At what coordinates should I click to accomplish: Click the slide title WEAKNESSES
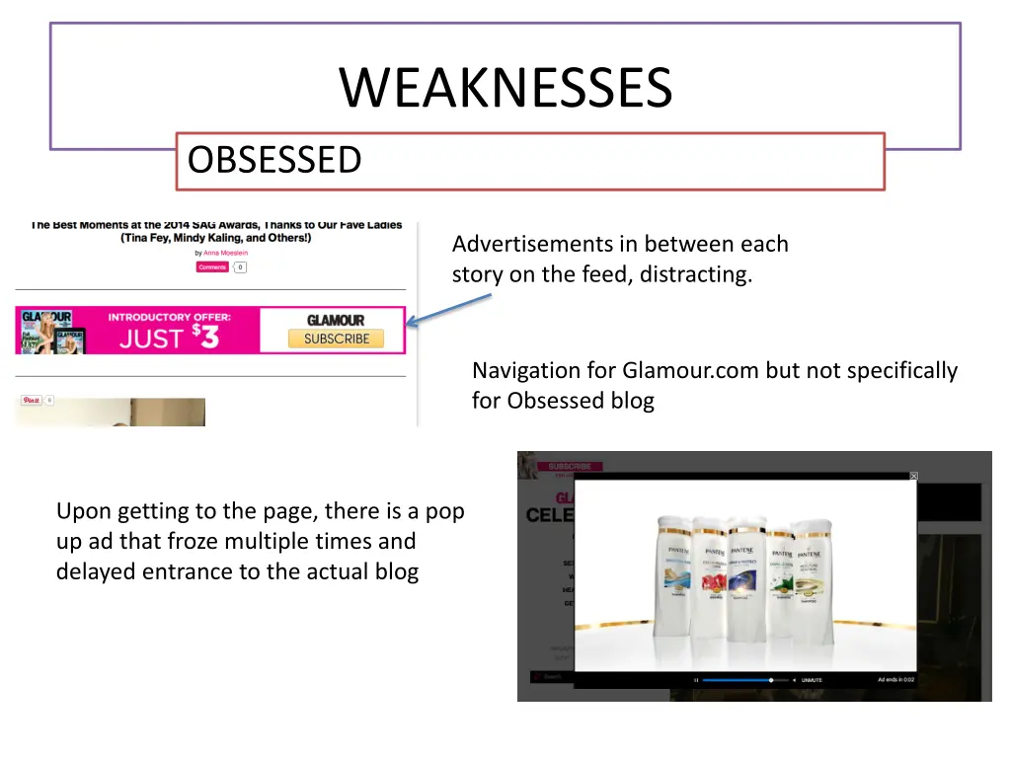point(505,88)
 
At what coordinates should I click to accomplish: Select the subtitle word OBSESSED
point(274,160)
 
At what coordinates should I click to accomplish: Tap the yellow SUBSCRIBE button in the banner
point(337,339)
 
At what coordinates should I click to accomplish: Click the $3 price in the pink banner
point(205,337)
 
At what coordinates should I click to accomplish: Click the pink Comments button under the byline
point(212,267)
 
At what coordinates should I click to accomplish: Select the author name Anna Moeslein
point(227,254)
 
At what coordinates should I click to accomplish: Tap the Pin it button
point(31,400)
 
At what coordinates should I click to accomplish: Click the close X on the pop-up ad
point(913,477)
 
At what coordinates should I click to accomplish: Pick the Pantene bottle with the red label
point(713,577)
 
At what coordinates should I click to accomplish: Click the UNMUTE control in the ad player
point(812,680)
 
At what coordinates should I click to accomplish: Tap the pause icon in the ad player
point(696,680)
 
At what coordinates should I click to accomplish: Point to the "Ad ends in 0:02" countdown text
point(895,680)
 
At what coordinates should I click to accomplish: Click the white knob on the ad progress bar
point(771,680)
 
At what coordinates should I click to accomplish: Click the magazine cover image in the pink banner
point(49,331)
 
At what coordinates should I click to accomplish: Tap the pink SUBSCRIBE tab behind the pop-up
point(570,466)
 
